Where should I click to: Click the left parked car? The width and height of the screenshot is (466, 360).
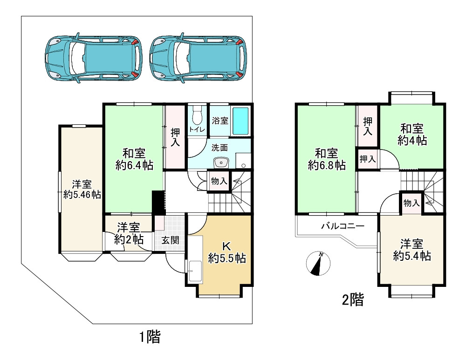click(x=93, y=56)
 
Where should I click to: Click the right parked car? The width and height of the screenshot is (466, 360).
click(x=198, y=56)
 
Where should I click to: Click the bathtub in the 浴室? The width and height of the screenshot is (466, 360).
click(x=240, y=121)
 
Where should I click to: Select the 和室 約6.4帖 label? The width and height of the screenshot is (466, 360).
click(x=134, y=159)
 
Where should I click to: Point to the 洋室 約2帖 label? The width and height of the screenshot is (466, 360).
click(x=129, y=233)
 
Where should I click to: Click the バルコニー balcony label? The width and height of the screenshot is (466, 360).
click(x=342, y=226)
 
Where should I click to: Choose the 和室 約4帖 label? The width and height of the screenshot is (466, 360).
click(x=412, y=134)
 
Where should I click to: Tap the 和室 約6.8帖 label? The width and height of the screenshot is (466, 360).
click(x=326, y=158)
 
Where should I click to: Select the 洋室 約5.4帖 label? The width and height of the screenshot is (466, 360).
click(x=411, y=250)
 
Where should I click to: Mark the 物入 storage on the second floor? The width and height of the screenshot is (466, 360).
click(x=411, y=203)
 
